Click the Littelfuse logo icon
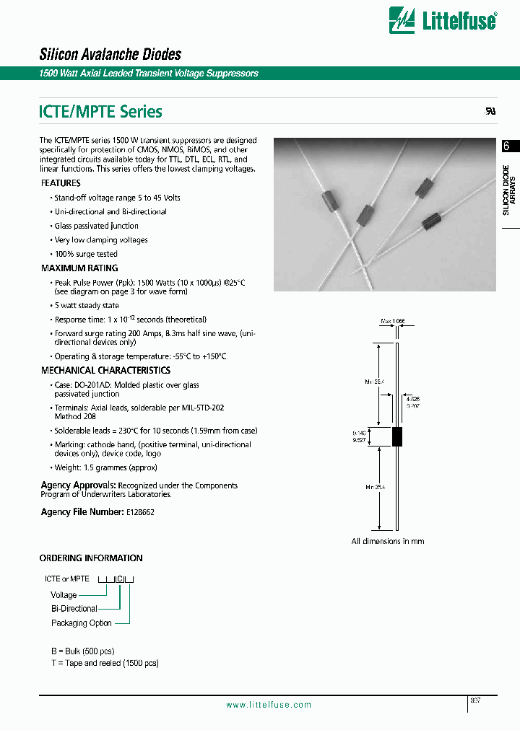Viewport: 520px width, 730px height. click(x=402, y=20)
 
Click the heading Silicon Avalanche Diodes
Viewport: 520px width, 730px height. click(x=110, y=54)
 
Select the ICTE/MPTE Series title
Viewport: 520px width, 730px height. click(x=100, y=112)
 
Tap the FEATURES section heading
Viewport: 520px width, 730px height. click(x=61, y=183)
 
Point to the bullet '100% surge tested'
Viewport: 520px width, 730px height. click(x=86, y=254)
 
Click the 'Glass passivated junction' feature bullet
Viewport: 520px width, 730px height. click(x=97, y=226)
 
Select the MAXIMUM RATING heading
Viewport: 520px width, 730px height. click(x=79, y=268)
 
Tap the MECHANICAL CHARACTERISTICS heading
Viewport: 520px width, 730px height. click(x=105, y=370)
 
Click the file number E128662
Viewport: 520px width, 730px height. click(x=140, y=511)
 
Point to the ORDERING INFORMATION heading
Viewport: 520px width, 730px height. click(x=91, y=558)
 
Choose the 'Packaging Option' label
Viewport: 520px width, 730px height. click(x=82, y=623)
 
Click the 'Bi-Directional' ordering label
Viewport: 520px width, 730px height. click(x=74, y=609)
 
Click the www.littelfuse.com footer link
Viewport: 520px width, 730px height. click(x=269, y=705)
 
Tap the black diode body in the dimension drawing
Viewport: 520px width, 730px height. click(x=396, y=436)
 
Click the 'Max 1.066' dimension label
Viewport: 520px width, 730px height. click(x=394, y=322)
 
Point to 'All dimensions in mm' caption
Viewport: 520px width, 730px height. click(x=388, y=541)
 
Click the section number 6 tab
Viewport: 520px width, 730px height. click(x=507, y=146)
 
